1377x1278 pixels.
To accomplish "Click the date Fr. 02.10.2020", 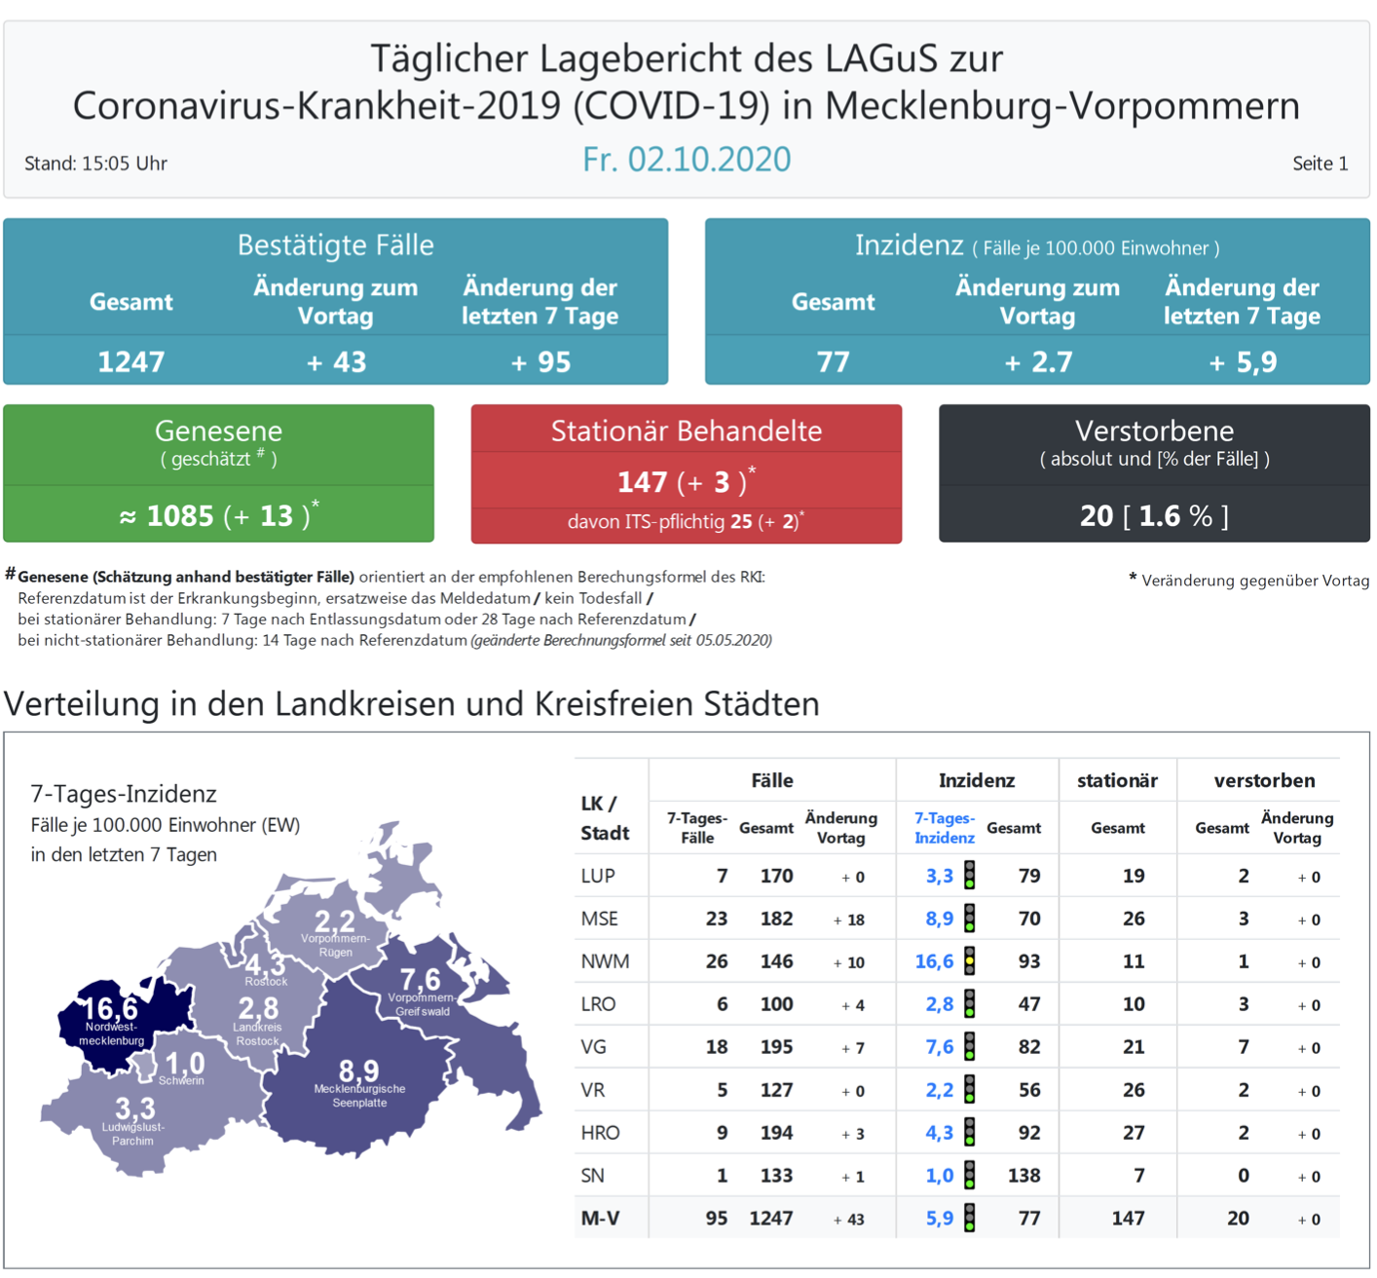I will (x=687, y=159).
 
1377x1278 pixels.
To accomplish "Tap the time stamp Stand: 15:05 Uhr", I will (x=95, y=164).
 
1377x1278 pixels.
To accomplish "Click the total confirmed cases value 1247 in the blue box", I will (x=130, y=362).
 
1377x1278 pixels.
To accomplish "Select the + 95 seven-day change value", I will (x=540, y=362).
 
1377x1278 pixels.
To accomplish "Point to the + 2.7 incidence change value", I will (x=1038, y=362).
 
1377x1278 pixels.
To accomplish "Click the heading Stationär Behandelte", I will (x=687, y=431).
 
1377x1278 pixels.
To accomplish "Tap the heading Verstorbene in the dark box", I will (x=1154, y=431).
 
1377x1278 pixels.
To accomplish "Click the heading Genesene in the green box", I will (x=218, y=431).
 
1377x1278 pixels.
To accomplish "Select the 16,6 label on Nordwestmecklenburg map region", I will (x=110, y=1008).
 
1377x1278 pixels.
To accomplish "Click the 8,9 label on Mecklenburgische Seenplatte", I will (x=358, y=1071).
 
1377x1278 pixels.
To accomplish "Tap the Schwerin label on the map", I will (x=181, y=1080).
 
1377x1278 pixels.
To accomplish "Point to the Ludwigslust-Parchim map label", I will (x=133, y=1134).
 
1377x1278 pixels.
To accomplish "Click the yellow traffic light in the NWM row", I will (x=970, y=961).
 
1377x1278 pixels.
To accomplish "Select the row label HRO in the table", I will (x=600, y=1133).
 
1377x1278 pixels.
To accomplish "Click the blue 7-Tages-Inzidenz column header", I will (x=944, y=828).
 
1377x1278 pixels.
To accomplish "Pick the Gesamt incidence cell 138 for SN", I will (x=1023, y=1176).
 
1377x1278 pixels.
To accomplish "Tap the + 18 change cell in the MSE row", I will (x=849, y=920).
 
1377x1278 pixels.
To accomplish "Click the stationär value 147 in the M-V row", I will (x=1128, y=1219).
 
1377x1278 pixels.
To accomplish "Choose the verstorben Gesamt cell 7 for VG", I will (x=1243, y=1047).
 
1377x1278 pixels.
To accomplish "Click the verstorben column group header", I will (x=1264, y=780).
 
